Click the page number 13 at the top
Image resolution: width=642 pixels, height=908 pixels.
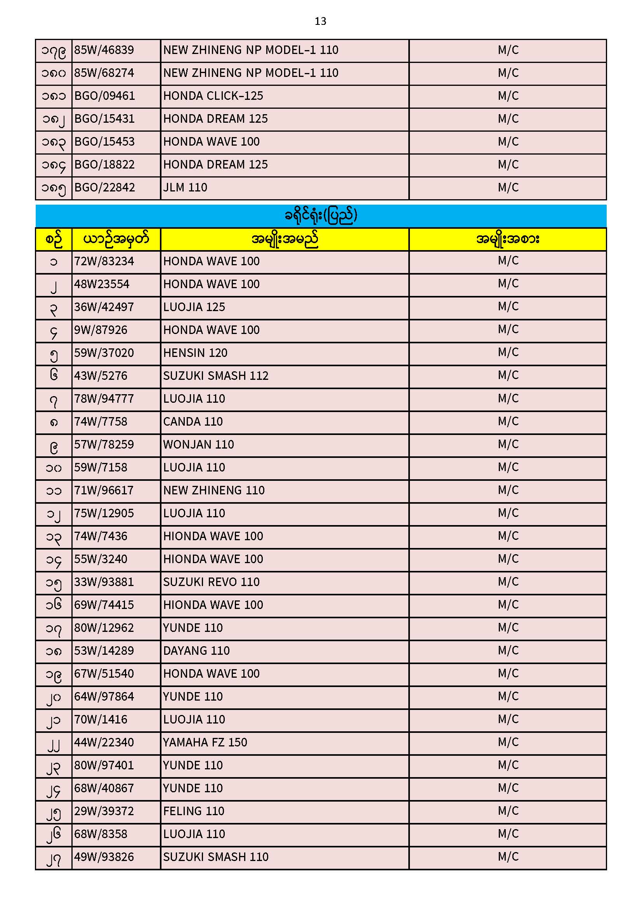(x=320, y=21)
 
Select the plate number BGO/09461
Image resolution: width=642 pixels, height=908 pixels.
(x=104, y=96)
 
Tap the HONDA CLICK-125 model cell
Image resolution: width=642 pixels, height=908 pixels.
(x=213, y=96)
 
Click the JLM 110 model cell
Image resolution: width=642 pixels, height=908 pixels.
(x=185, y=188)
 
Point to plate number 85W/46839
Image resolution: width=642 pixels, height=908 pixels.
(x=104, y=50)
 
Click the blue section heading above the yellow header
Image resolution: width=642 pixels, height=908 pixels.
(x=321, y=216)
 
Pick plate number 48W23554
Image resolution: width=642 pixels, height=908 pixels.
(x=102, y=284)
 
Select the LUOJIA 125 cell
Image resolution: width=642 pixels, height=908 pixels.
(x=194, y=307)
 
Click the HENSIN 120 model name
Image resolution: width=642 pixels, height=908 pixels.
(x=195, y=353)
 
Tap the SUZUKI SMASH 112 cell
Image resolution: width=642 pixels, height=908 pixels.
(x=216, y=376)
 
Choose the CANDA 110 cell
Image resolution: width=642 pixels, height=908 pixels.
(x=193, y=422)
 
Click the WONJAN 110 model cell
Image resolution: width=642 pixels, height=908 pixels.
(x=198, y=445)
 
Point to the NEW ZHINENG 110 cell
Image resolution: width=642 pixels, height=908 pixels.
(x=214, y=491)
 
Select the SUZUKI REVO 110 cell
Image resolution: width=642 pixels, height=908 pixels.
(x=212, y=582)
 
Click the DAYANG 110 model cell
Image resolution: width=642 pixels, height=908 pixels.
(x=196, y=651)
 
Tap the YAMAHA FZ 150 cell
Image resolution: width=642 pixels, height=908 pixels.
(x=205, y=743)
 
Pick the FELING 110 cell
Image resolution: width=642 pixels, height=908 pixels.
(x=194, y=812)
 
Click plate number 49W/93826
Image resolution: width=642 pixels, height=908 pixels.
(x=104, y=858)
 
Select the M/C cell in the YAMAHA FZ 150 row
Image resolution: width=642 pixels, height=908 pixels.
(x=508, y=742)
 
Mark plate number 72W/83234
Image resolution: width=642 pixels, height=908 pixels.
(x=104, y=261)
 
